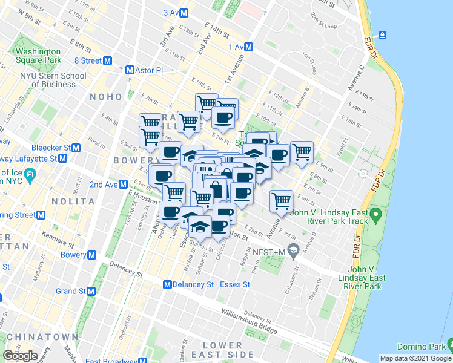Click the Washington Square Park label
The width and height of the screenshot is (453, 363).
point(38,56)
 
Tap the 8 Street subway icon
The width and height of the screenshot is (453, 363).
point(108,60)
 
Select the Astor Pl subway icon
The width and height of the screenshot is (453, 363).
point(130,70)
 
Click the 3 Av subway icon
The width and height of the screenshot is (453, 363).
point(184,13)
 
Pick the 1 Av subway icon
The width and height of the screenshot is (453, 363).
point(249,47)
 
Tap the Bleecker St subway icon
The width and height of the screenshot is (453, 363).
point(76,148)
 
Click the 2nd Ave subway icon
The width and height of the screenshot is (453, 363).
point(123,184)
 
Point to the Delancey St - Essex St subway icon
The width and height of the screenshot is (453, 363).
point(167,284)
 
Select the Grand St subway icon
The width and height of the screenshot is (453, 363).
point(91,291)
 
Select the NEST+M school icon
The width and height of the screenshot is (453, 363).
point(294,250)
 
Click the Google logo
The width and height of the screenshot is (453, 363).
point(20,356)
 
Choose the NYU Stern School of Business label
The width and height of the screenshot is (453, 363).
point(53,80)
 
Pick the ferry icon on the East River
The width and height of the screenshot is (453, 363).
point(383,34)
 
